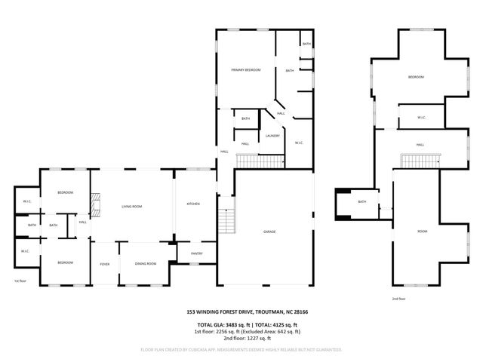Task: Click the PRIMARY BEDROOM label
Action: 245,69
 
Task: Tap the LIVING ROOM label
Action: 132,206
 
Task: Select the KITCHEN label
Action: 193,204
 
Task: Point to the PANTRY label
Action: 196,253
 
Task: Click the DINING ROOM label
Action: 145,263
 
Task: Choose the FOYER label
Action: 104,263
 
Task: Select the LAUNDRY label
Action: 272,136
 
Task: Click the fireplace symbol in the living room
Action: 94,204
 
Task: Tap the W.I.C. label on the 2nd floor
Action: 423,117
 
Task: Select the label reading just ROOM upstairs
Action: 422,232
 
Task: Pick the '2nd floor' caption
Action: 398,299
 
